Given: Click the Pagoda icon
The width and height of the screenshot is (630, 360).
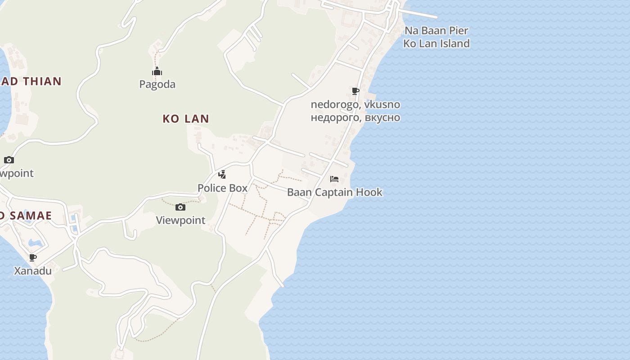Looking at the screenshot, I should (157, 72).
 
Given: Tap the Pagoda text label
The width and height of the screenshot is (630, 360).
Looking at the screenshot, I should (157, 84).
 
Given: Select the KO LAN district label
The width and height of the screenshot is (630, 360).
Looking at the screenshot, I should (186, 119).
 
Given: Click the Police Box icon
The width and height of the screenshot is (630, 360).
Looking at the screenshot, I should (222, 175).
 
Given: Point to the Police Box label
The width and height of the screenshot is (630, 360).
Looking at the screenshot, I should (222, 188).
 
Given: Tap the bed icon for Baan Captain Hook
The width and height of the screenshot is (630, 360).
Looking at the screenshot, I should (334, 179).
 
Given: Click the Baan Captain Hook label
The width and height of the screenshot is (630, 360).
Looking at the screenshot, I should (334, 192).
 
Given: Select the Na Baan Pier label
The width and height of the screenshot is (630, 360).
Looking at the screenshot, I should (436, 31).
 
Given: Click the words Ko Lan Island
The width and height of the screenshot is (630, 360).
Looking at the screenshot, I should (436, 43).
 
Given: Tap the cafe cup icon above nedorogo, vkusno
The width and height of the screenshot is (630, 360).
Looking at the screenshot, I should (355, 91).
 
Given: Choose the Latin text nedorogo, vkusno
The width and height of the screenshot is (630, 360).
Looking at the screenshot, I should (355, 104).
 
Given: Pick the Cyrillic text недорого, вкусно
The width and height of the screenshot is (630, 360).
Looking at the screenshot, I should (355, 117).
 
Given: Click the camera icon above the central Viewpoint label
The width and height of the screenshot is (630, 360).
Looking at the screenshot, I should (180, 207).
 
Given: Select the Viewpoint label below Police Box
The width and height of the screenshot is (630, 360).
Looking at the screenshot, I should (180, 220).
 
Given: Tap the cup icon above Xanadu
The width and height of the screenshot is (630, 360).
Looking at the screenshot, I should (33, 258).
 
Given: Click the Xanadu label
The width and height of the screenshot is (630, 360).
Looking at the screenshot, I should (33, 271).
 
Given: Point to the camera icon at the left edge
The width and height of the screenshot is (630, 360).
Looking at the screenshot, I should (9, 160).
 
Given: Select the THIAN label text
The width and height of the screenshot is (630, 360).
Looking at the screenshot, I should (39, 81).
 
